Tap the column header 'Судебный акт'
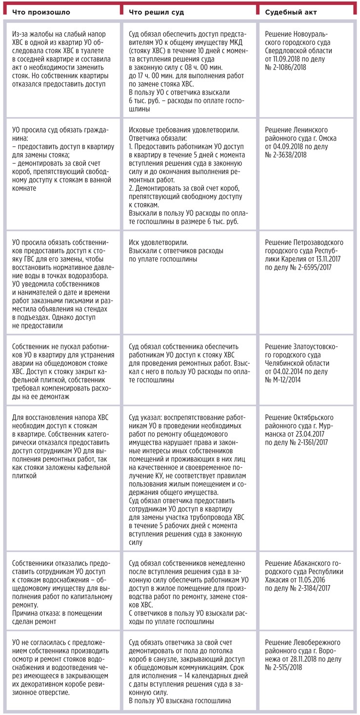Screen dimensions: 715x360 pos(288,11)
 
